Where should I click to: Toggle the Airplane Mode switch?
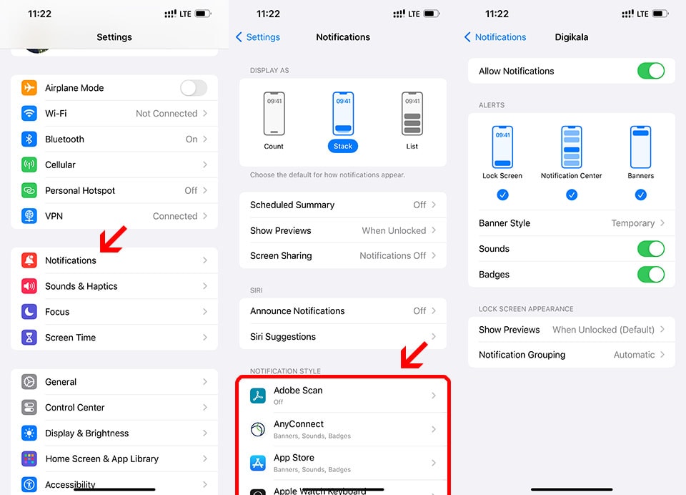(x=194, y=87)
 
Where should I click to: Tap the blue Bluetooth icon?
(x=29, y=139)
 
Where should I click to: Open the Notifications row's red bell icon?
(x=29, y=260)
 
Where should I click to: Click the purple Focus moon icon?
(x=29, y=311)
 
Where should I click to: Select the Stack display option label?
(x=342, y=147)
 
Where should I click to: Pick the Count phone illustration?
(x=274, y=114)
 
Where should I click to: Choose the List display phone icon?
(x=412, y=114)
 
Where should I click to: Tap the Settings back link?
(x=258, y=37)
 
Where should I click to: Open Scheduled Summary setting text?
(x=292, y=205)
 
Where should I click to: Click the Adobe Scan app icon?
(x=258, y=396)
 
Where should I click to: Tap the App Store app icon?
(x=258, y=463)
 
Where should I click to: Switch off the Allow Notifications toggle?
(x=651, y=71)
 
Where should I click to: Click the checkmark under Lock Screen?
(x=502, y=195)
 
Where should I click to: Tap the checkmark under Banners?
(x=640, y=195)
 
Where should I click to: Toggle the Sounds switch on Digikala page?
(x=651, y=249)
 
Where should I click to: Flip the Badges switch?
(x=651, y=275)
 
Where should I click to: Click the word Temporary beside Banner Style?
(x=632, y=223)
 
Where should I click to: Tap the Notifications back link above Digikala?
(x=495, y=37)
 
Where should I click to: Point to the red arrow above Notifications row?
(x=113, y=239)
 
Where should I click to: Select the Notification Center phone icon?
(x=572, y=147)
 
